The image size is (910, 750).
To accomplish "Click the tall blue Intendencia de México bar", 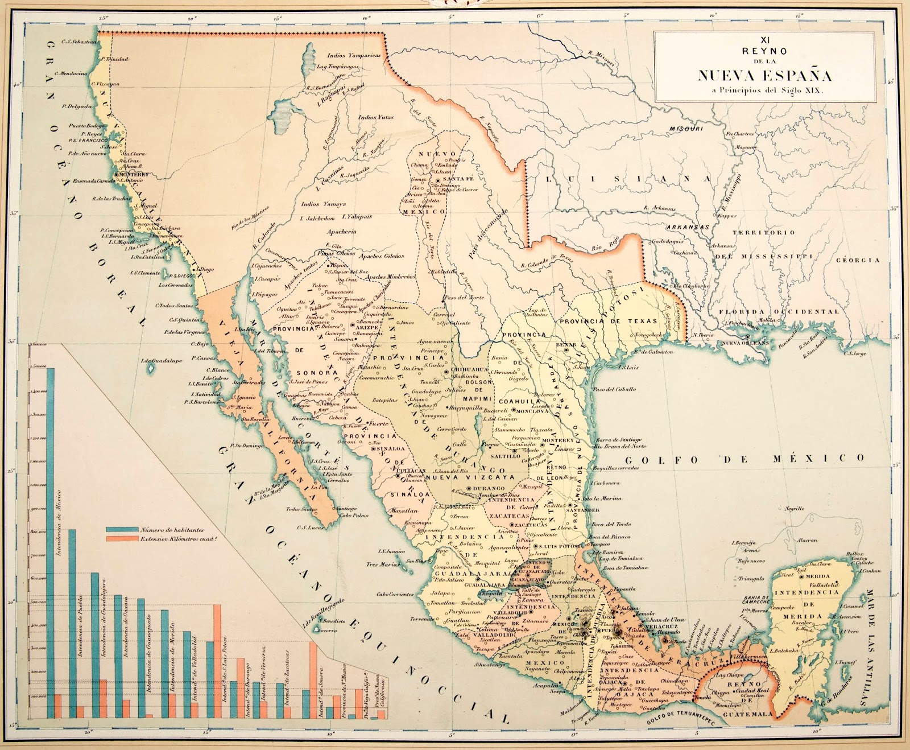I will click(51, 541).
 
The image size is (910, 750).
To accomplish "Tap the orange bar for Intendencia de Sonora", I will click(313, 680).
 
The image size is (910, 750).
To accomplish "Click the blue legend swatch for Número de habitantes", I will click(122, 529).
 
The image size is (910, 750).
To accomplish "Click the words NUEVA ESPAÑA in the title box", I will click(764, 75).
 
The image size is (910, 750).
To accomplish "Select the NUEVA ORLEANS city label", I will click(746, 343).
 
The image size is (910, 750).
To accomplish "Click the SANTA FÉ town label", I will click(462, 179).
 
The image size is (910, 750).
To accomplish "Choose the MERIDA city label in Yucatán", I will click(817, 576).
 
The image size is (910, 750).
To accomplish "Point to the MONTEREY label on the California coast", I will click(133, 174).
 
